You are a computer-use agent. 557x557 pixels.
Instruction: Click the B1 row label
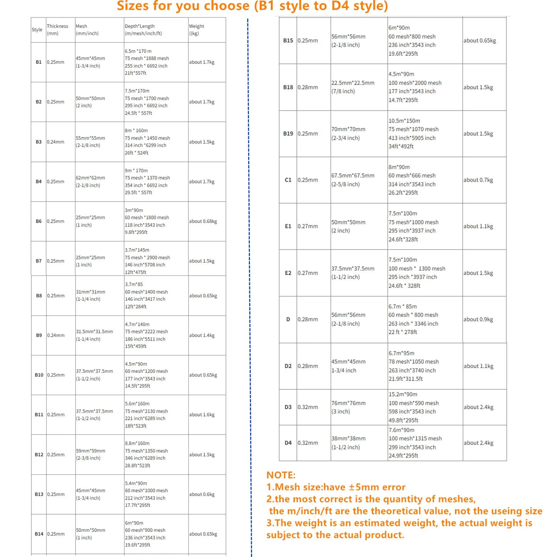pyautogui.click(x=38, y=62)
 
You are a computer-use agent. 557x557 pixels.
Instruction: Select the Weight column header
pyautogui.click(x=196, y=30)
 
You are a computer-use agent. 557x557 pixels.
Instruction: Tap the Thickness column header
pyautogui.click(x=57, y=30)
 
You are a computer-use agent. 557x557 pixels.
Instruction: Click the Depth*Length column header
pyautogui.click(x=143, y=30)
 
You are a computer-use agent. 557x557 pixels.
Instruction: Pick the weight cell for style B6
pyautogui.click(x=203, y=221)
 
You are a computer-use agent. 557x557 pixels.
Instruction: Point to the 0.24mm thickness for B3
pyautogui.click(x=55, y=142)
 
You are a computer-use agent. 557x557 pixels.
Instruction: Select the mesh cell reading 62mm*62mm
pyautogui.click(x=90, y=181)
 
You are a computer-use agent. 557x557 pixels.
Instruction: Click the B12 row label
pyautogui.click(x=39, y=455)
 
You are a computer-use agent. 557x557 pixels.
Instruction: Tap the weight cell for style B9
pyautogui.click(x=202, y=335)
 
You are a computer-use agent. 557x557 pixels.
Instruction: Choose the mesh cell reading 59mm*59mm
pyautogui.click(x=91, y=454)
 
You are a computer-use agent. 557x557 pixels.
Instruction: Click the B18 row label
pyautogui.click(x=288, y=87)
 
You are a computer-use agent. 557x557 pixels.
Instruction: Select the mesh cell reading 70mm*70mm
pyautogui.click(x=348, y=133)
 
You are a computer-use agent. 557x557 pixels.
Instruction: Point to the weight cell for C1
pyautogui.click(x=478, y=180)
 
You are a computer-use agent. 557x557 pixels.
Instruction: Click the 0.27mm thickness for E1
pyautogui.click(x=307, y=226)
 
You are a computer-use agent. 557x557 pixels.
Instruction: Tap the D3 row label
pyautogui.click(x=288, y=407)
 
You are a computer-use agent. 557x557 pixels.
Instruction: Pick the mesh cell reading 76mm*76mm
pyautogui.click(x=348, y=407)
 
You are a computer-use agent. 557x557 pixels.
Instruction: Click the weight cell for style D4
pyautogui.click(x=478, y=443)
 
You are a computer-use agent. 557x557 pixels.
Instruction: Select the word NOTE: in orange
pyautogui.click(x=281, y=475)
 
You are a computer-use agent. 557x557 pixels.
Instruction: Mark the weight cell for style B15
pyautogui.click(x=479, y=41)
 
